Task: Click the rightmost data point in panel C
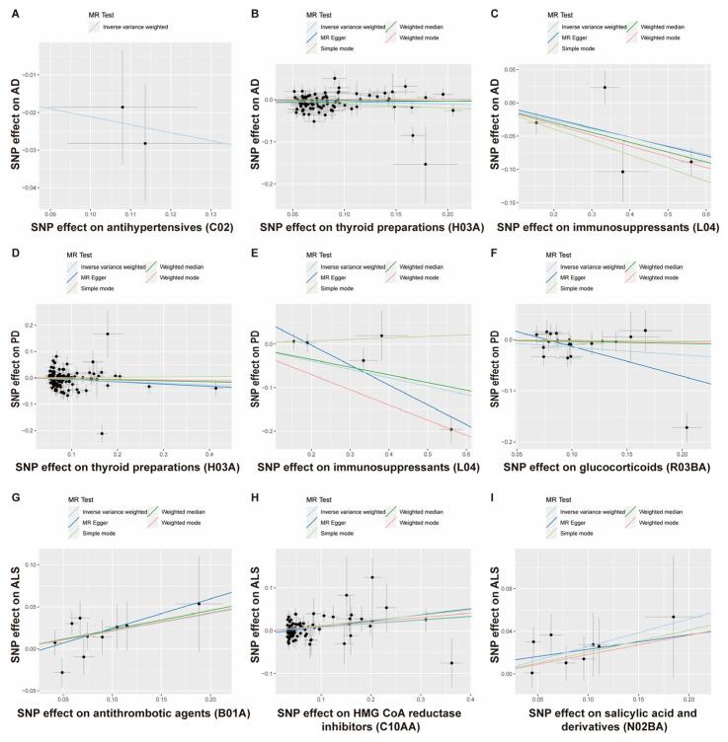(691, 161)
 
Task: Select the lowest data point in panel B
(426, 164)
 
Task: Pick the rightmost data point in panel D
(215, 388)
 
